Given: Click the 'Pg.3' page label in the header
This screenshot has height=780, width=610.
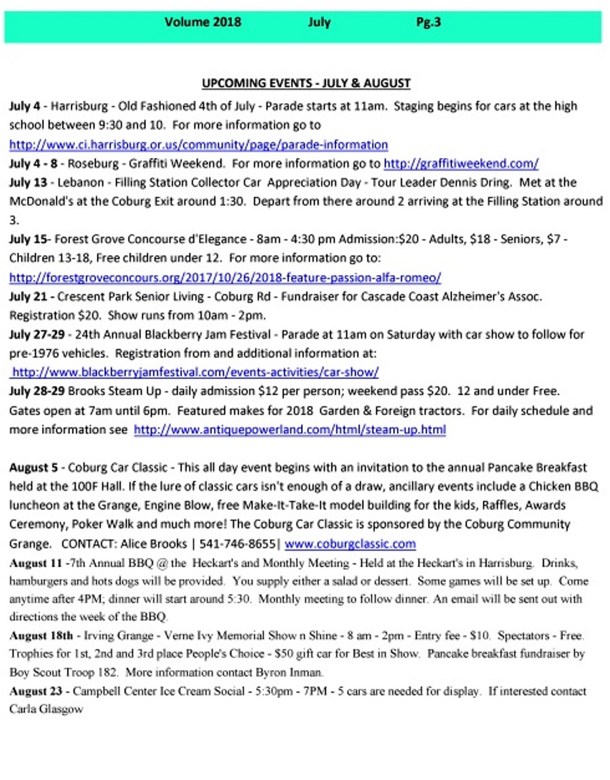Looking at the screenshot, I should [428, 22].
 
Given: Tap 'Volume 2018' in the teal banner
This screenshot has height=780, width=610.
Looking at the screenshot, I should [203, 22].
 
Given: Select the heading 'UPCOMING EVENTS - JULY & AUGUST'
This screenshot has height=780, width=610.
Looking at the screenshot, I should [306, 83].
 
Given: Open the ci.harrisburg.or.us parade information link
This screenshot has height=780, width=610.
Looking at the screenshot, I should [198, 144].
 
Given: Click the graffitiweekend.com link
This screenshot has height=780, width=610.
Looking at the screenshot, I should [461, 163].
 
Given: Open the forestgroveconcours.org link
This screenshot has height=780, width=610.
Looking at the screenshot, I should [225, 277].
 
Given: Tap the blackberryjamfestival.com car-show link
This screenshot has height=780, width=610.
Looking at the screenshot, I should [195, 372].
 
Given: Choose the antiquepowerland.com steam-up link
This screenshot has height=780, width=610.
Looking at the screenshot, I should [289, 429].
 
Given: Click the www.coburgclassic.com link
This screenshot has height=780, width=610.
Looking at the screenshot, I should [350, 543].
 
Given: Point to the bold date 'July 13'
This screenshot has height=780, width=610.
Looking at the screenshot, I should [28, 182].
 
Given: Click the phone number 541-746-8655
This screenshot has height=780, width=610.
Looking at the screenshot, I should [245, 543].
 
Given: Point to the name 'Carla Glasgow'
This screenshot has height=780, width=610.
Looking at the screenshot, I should [46, 709].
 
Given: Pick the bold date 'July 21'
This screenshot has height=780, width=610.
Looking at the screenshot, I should [28, 296].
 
